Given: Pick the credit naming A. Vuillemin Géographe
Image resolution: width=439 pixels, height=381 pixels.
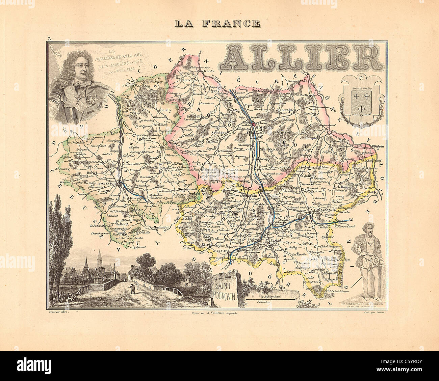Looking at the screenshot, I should pos(213,313).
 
